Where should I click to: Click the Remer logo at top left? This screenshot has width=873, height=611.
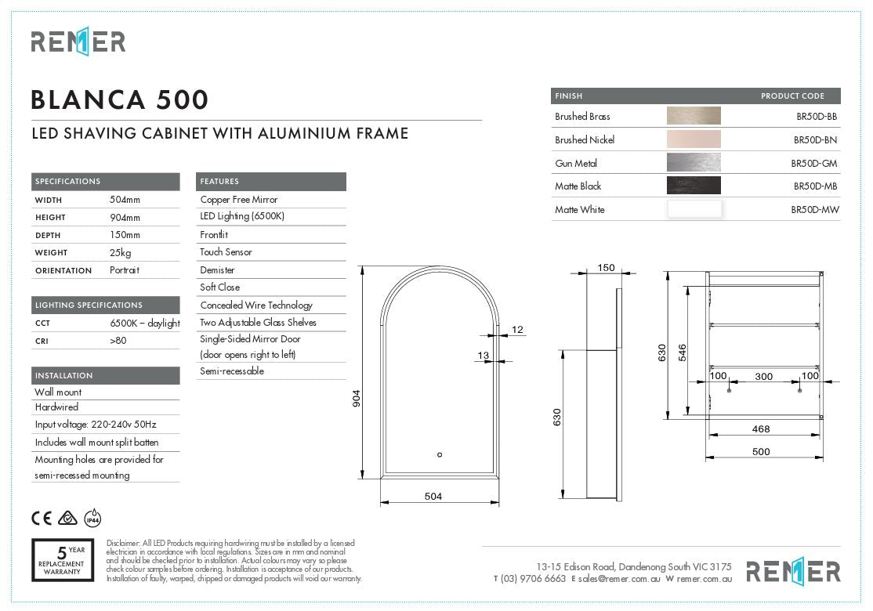coord(78,42)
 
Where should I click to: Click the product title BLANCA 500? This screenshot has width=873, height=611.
coord(120,100)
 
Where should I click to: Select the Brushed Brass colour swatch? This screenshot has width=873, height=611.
coord(694,116)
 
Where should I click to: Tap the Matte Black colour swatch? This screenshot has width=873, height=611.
coord(694,186)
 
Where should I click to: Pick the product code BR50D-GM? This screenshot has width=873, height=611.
coord(814,163)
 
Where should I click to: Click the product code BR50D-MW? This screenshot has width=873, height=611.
coord(814,210)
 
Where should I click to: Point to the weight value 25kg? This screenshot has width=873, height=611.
coord(120,253)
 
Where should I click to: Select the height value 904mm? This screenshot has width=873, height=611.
coord(125,218)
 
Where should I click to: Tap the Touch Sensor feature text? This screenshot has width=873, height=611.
coord(226,252)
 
